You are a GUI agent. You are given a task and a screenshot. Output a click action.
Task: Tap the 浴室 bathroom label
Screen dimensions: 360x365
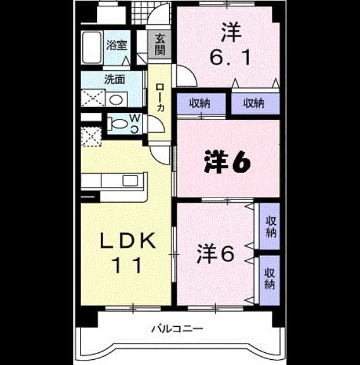(x=117, y=45)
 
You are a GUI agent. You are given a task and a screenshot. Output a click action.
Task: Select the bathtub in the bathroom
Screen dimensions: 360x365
(x=92, y=48)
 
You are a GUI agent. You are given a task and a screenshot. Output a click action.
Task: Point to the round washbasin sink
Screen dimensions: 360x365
(x=116, y=100)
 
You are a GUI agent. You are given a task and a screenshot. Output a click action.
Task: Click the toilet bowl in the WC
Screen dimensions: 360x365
(x=119, y=123)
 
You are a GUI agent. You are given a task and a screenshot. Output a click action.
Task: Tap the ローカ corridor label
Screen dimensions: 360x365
(x=160, y=97)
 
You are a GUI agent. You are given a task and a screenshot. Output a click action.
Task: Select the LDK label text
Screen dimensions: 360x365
(x=128, y=240)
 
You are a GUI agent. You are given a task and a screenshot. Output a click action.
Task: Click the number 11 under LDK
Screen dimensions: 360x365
(x=128, y=265)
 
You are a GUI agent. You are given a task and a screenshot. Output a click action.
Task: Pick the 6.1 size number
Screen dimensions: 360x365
(x=230, y=58)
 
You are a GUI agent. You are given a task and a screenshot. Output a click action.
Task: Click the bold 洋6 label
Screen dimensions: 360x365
(x=227, y=162)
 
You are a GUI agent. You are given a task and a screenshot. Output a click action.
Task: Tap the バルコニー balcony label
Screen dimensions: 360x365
(x=177, y=329)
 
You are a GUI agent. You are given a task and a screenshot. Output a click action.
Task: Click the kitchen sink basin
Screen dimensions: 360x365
(x=130, y=181)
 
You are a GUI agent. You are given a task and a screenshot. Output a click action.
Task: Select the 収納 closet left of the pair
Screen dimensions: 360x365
(x=199, y=103)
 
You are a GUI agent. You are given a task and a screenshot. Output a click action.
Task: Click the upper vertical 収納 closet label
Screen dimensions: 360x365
(x=271, y=227)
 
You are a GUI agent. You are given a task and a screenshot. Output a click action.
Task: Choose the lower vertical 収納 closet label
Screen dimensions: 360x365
(x=270, y=279)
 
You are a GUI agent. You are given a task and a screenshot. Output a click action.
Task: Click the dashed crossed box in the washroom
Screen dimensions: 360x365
(x=93, y=98)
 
